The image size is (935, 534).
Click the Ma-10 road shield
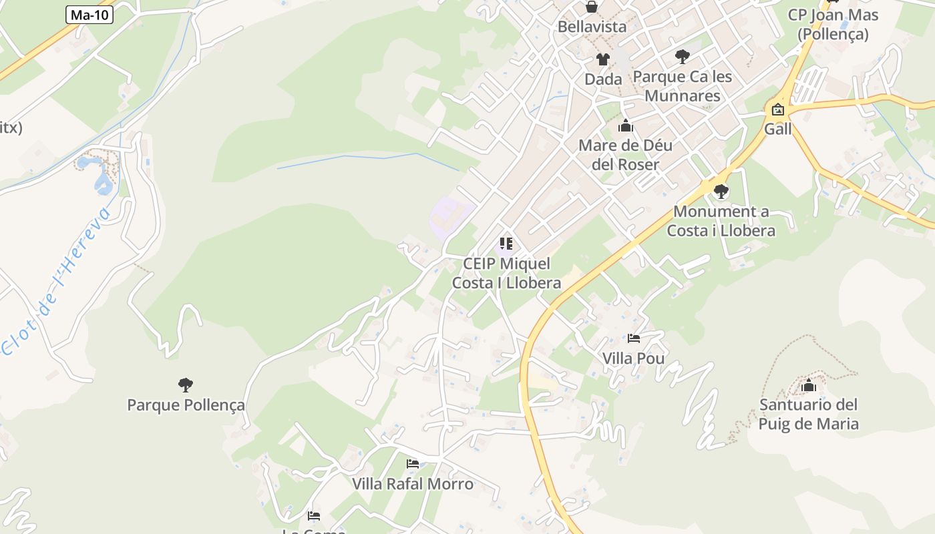click(90, 15)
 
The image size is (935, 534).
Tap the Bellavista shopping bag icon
click(592, 7)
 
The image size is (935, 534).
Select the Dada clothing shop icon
click(603, 59)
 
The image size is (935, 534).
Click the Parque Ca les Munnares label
click(682, 86)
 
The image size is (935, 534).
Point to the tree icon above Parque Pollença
click(186, 385)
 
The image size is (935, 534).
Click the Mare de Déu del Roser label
click(625, 155)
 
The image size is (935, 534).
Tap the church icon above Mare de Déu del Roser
click(625, 125)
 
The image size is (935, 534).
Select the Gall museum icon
click(777, 110)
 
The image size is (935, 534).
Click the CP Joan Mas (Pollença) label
click(833, 25)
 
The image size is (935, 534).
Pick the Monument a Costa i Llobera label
click(721, 221)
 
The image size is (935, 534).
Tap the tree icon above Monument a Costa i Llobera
click(721, 192)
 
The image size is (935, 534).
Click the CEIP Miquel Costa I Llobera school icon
click(506, 244)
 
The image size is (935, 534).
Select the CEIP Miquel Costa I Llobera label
click(506, 273)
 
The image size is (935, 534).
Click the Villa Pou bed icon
click(633, 338)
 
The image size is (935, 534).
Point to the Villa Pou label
click(633, 358)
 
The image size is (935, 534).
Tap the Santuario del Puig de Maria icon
click(809, 385)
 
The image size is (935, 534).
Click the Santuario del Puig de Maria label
click(809, 414)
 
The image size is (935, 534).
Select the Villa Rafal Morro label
click(413, 484)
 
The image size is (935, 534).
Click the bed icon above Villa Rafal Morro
click(413, 464)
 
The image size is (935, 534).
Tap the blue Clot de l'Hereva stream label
click(57, 280)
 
